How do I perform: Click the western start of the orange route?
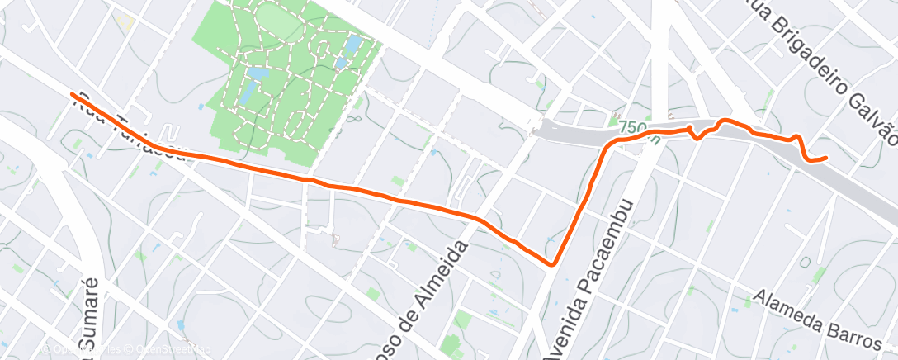tap(73, 95)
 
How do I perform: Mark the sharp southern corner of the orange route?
tap(551, 263)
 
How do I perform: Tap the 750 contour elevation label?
tap(631, 128)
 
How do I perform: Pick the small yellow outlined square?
tap(125, 20)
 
